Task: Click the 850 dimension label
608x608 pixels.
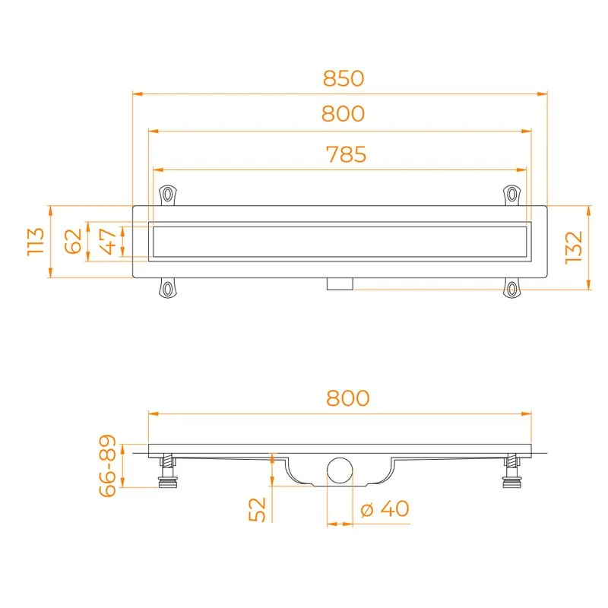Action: (x=344, y=78)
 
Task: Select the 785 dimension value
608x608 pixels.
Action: (x=346, y=154)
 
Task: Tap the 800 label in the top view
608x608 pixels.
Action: (x=344, y=113)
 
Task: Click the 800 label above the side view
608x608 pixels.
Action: (x=348, y=398)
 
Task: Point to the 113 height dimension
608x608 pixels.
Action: (x=36, y=242)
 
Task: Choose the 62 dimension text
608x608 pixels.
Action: (x=73, y=241)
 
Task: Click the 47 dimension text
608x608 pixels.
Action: (x=108, y=242)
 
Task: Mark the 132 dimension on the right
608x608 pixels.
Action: (x=574, y=248)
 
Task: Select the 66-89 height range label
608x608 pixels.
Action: (x=107, y=465)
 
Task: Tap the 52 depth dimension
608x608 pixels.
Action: (x=257, y=509)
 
